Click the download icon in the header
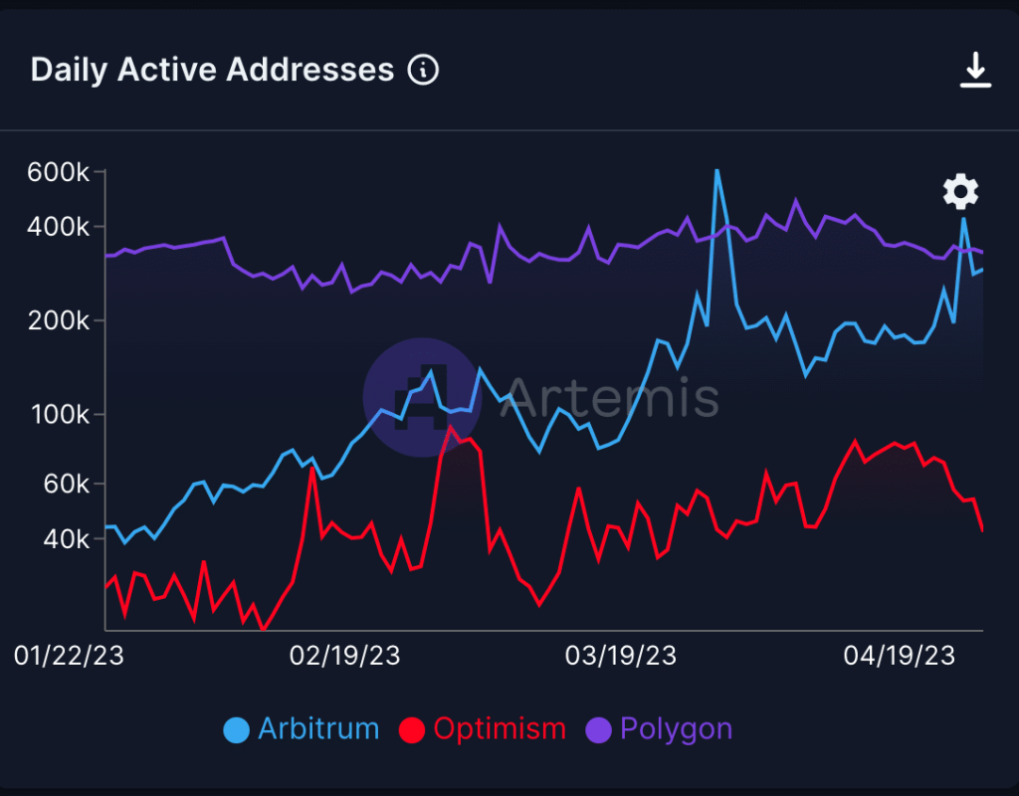(975, 71)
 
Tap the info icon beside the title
(423, 70)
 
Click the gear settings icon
(960, 191)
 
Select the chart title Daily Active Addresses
(212, 70)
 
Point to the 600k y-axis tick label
(60, 173)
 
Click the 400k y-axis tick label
(60, 227)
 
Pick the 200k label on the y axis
(60, 321)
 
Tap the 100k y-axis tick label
(60, 414)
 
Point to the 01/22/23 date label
(70, 656)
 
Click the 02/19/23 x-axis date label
(344, 656)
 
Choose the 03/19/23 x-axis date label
(621, 656)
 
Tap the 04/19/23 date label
(899, 656)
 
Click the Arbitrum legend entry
(303, 729)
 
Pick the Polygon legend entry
(663, 729)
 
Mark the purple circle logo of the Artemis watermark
(422, 397)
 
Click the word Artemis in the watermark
(609, 397)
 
